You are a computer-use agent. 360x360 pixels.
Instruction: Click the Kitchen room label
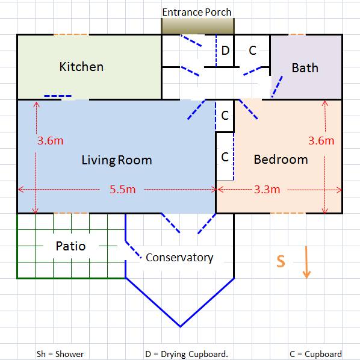(x=81, y=67)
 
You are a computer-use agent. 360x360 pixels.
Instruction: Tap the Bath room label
(x=305, y=68)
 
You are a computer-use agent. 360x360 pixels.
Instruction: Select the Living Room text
(x=117, y=160)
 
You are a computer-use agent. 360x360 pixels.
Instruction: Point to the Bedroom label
(x=281, y=160)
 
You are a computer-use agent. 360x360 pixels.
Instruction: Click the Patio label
(x=70, y=246)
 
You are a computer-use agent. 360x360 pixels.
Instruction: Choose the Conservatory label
(x=179, y=258)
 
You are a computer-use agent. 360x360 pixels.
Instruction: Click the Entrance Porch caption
(x=197, y=12)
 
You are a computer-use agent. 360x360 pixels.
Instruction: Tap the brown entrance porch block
(x=197, y=26)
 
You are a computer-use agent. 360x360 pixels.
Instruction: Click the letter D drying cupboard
(x=225, y=51)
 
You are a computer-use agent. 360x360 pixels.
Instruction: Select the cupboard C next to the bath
(x=253, y=51)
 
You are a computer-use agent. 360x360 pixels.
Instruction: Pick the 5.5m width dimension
(x=123, y=190)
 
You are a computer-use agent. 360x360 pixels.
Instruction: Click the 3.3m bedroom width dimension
(x=267, y=190)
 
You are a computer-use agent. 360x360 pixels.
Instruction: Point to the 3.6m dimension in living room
(x=51, y=140)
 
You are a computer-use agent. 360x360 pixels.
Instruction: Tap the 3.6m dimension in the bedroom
(x=321, y=140)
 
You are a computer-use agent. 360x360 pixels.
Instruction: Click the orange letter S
(x=281, y=261)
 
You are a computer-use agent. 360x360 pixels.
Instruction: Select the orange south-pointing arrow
(x=306, y=262)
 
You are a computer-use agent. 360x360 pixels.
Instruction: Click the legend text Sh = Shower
(x=60, y=354)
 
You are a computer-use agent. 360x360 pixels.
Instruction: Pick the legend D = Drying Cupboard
(x=187, y=354)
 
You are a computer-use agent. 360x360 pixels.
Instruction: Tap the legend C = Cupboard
(x=315, y=354)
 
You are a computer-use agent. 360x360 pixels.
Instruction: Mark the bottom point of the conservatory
(x=180, y=326)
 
